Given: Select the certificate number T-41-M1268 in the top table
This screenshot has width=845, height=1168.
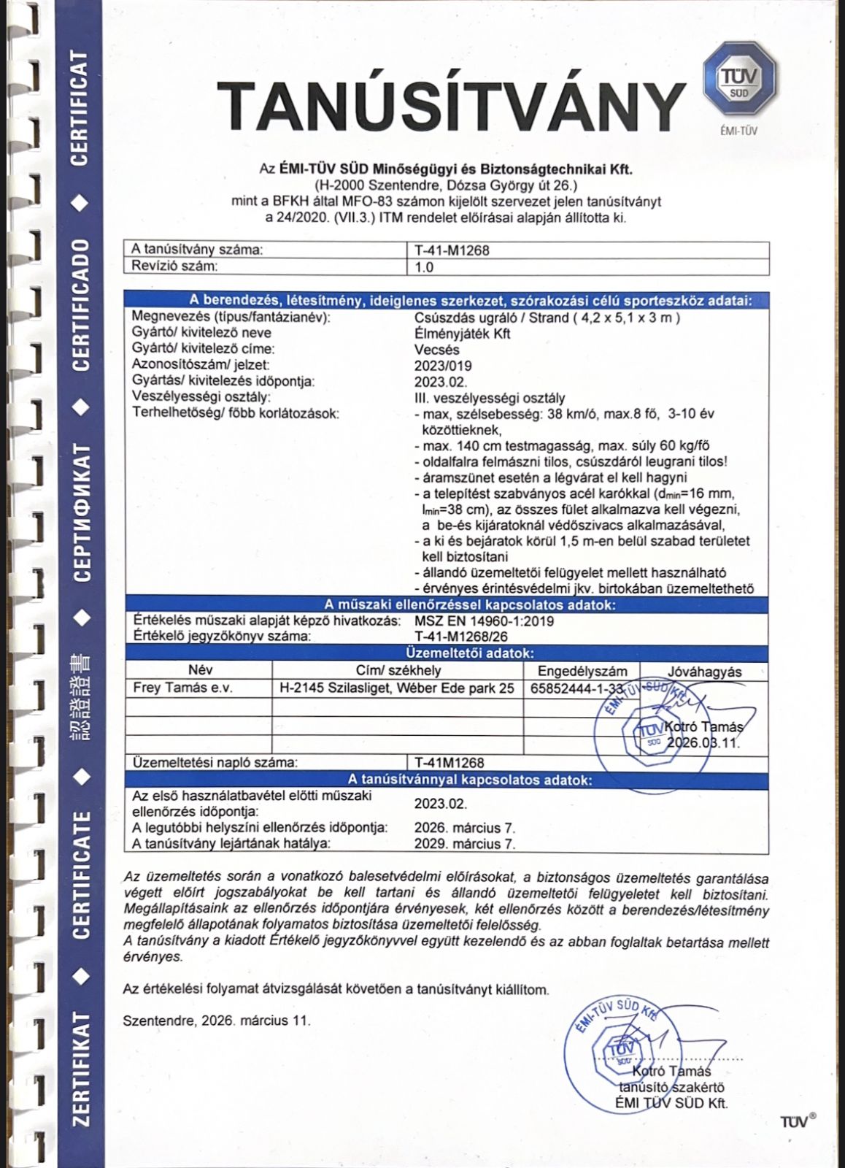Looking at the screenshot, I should coord(452,250).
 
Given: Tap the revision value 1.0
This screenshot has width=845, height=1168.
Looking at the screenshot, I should coord(424,267).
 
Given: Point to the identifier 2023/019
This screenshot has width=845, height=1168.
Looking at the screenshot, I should coord(443,366).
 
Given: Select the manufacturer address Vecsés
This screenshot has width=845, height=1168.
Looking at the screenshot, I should coord(436,350).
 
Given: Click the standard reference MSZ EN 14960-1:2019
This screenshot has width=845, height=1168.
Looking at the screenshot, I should coord(484,621).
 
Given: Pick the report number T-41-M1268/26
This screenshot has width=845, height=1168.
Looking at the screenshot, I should coord(461,637).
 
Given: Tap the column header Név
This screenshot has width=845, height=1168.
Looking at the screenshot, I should coord(200,670).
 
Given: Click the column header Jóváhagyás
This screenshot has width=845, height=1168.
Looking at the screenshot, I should coord(704,672).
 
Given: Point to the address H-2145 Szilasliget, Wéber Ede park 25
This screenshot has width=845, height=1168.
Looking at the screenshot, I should coord(397,688).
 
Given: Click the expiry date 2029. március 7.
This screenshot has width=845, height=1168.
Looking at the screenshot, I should coord(465,844).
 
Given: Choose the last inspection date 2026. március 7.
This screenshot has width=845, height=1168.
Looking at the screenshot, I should coord(465,828).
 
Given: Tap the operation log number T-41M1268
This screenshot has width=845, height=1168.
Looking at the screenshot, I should coord(449,763).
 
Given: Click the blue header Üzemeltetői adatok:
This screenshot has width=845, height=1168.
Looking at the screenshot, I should coord(469,653).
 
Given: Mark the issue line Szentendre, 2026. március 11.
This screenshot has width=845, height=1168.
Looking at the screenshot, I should coord(217,1021).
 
